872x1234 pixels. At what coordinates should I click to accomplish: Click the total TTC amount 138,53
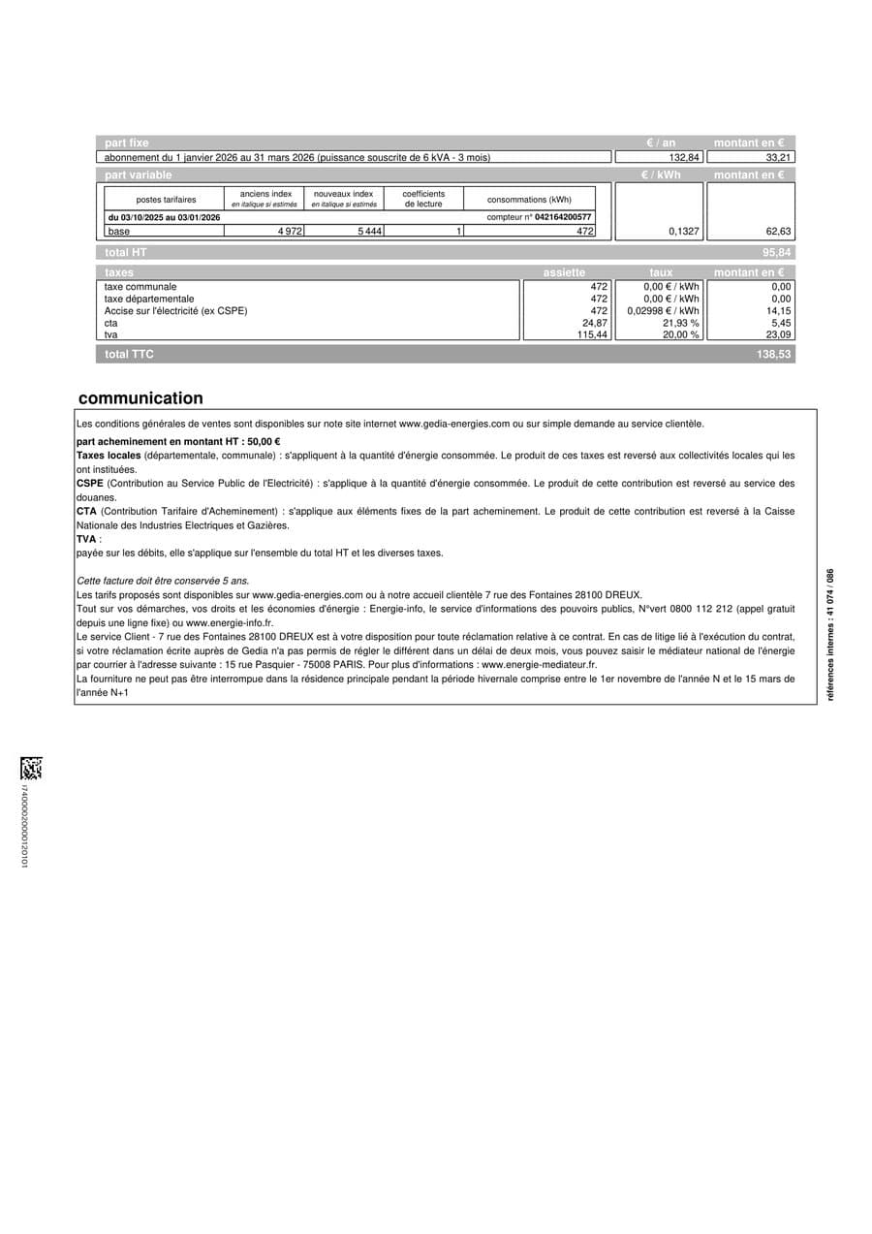point(774,355)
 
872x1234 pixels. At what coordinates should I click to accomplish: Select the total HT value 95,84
point(777,252)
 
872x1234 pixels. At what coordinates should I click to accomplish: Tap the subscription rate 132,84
point(684,157)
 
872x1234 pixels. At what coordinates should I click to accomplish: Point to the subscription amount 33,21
point(779,157)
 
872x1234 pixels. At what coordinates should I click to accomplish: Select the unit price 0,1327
point(683,232)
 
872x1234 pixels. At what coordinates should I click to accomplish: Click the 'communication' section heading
point(140,398)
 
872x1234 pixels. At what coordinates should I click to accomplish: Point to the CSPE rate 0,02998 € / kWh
point(663,311)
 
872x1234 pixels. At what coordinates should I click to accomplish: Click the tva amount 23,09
point(779,334)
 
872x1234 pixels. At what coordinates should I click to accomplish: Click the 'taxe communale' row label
point(140,287)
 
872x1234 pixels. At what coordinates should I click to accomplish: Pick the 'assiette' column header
point(564,273)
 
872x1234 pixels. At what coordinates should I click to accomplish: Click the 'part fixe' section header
point(127,142)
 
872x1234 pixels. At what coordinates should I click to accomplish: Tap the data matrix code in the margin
point(31,769)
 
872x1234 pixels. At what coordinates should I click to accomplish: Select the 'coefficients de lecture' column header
point(423,199)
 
